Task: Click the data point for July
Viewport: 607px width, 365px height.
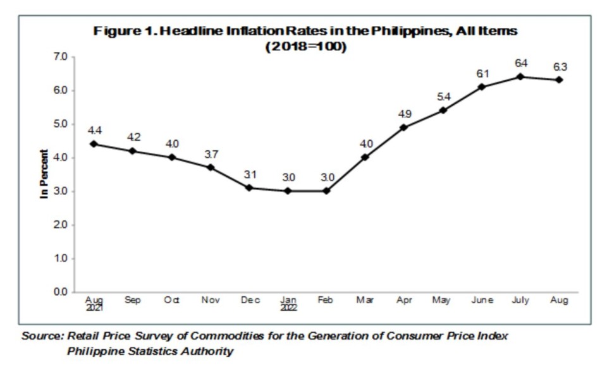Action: (x=520, y=76)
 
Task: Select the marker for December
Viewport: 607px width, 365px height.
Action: (x=250, y=188)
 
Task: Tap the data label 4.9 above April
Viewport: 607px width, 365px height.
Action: (x=404, y=114)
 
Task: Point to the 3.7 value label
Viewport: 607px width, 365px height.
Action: (x=211, y=154)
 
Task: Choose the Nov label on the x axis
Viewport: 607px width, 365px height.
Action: (x=211, y=301)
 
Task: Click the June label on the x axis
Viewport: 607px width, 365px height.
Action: (x=482, y=301)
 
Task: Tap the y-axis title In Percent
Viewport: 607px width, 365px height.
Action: (x=44, y=174)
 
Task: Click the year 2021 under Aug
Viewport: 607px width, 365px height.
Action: (x=94, y=309)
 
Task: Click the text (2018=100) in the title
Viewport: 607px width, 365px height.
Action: (x=307, y=47)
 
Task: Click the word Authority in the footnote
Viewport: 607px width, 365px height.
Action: (x=205, y=351)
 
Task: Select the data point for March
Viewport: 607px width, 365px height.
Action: (x=365, y=157)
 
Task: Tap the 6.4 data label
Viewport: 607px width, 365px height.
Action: (x=521, y=63)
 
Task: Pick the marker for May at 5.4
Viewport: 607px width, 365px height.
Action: (x=443, y=110)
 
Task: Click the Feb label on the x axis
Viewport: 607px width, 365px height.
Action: (x=326, y=301)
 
